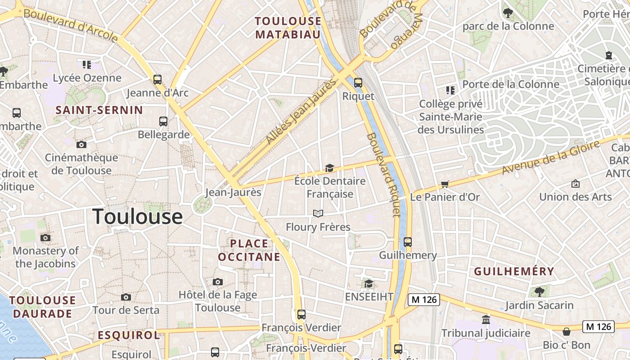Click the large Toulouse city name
tap(137, 217)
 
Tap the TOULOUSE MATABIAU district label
tap(288, 28)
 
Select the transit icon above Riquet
tap(358, 83)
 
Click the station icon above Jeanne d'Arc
tap(157, 80)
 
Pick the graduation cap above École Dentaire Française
tap(330, 168)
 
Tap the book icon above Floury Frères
tap(318, 213)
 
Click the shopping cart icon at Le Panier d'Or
tap(445, 184)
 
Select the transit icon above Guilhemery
tap(408, 242)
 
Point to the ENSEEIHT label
tap(369, 297)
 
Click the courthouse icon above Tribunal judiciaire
tap(486, 320)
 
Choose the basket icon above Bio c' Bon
tap(566, 332)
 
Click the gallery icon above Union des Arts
tap(575, 184)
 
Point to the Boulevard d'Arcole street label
tap(70, 25)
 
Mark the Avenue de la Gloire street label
tap(551, 157)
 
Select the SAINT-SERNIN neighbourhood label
tap(99, 110)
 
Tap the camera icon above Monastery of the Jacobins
tap(45, 238)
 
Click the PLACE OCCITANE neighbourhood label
tap(249, 250)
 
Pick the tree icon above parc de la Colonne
tap(508, 13)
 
